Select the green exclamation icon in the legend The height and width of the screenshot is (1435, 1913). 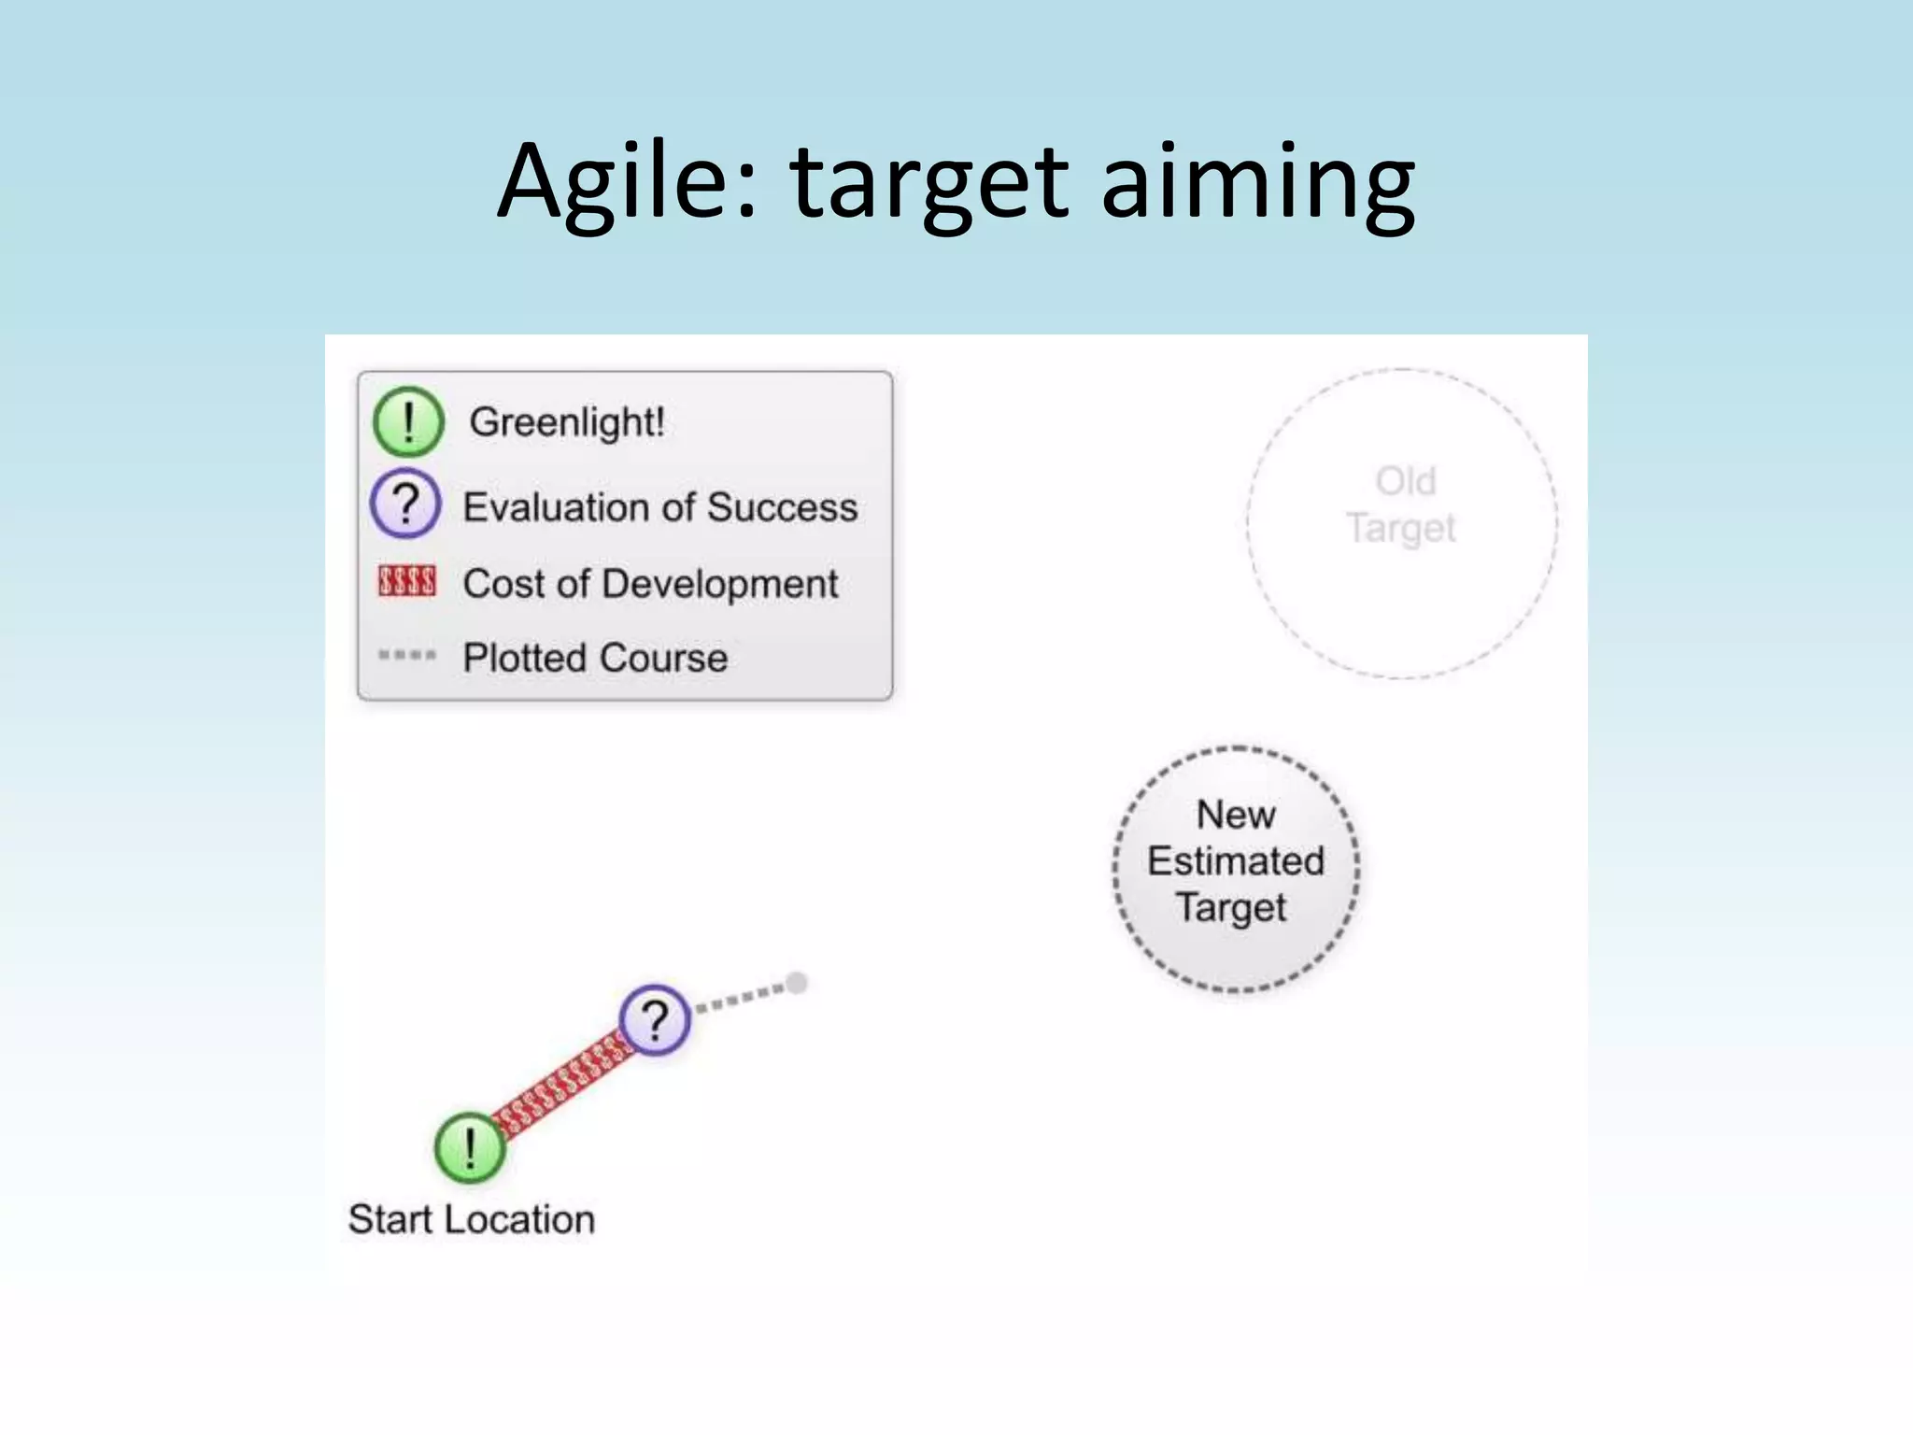click(x=407, y=421)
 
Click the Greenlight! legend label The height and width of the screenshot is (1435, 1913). click(x=567, y=422)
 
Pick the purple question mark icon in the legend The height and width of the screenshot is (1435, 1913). click(x=405, y=504)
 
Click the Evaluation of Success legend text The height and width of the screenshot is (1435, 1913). click(x=659, y=507)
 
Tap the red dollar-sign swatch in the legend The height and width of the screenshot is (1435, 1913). click(x=406, y=581)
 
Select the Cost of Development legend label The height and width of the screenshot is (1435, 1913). click(x=650, y=584)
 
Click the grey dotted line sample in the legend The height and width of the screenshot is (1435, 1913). click(x=406, y=655)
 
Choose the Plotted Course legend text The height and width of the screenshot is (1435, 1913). click(x=595, y=658)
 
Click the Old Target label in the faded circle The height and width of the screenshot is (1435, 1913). click(x=1402, y=505)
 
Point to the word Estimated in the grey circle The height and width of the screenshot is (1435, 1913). click(x=1235, y=861)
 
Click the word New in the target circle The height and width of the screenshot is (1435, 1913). click(x=1235, y=815)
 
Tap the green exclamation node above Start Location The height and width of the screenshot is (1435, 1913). click(x=470, y=1148)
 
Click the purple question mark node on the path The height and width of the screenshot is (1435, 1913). click(x=655, y=1019)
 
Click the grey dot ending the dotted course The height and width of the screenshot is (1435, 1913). click(x=797, y=983)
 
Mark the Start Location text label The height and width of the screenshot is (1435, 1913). click(x=471, y=1220)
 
